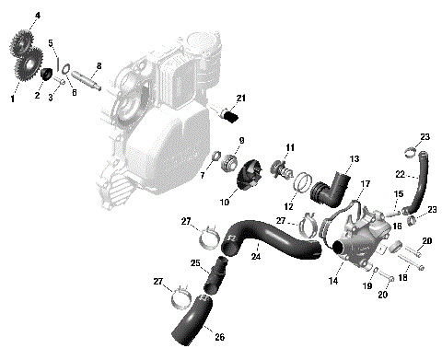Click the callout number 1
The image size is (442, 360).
13,96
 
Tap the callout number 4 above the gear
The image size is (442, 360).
38,16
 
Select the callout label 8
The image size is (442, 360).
99,65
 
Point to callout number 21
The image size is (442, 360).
241,99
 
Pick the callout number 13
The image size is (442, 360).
354,158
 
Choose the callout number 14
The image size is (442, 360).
334,280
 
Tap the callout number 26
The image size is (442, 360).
219,336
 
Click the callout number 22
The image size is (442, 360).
400,174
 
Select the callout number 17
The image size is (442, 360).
365,185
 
